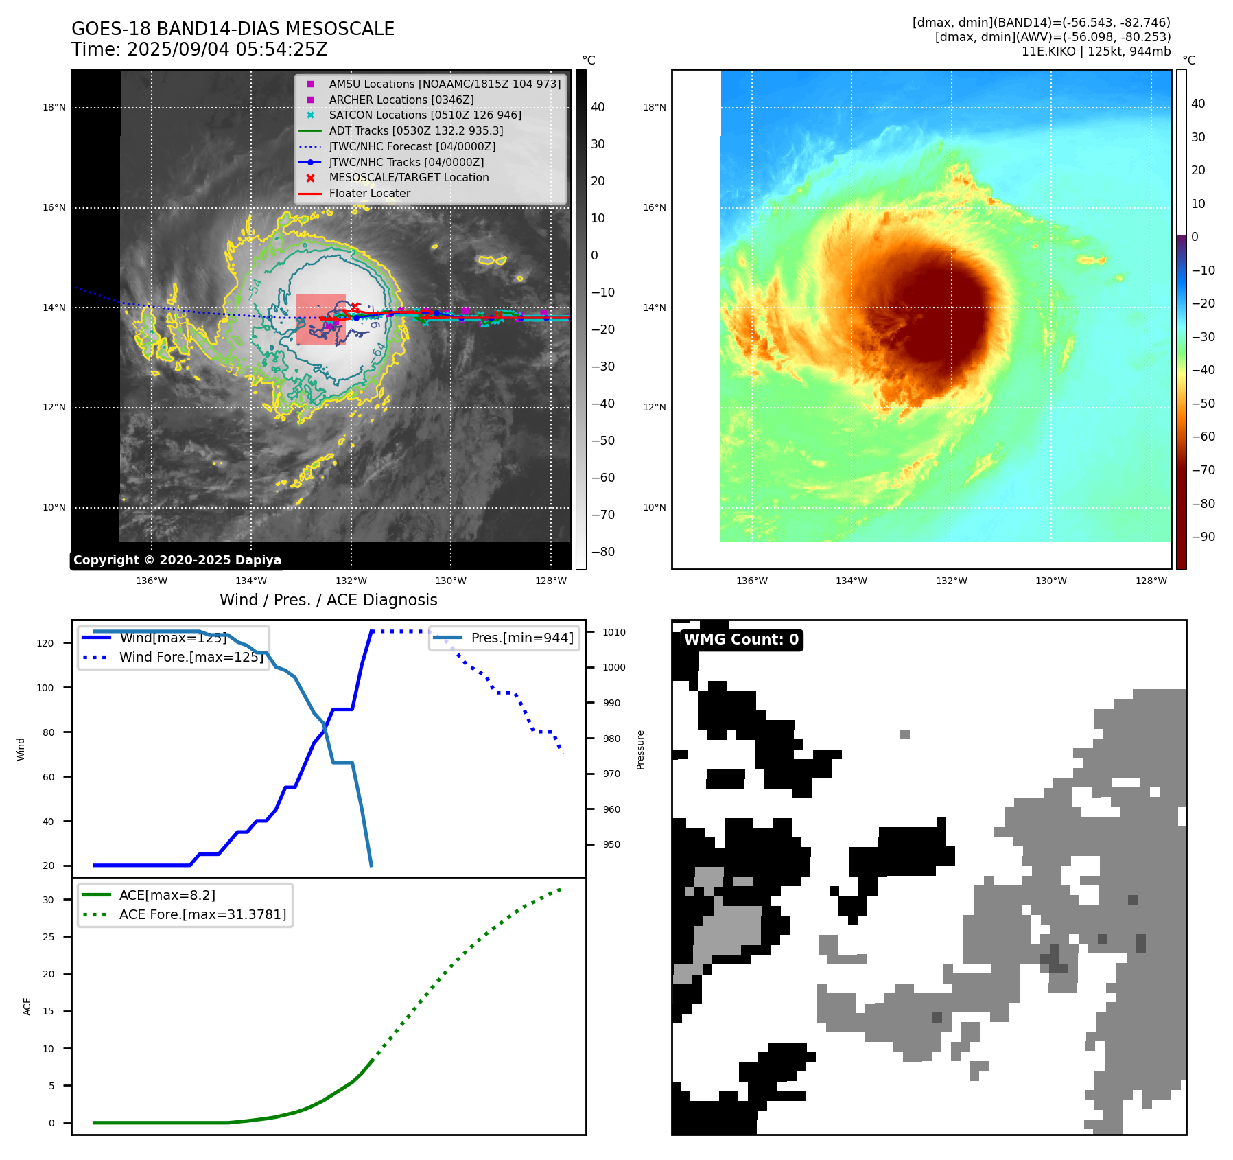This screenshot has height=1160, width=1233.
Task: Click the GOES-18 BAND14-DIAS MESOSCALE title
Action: tap(233, 29)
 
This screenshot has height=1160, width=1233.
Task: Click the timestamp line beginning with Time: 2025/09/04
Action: tap(200, 49)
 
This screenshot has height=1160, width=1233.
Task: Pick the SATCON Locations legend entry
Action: tap(425, 115)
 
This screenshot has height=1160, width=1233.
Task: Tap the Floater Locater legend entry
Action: tap(369, 194)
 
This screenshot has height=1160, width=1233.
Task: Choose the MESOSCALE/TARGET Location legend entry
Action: tap(408, 178)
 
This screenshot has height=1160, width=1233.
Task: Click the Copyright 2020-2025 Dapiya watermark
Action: tap(177, 560)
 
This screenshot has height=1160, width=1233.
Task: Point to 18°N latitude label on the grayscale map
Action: tap(54, 107)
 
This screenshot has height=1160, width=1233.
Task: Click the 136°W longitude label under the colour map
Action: tap(751, 581)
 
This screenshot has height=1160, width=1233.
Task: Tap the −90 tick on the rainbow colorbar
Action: tap(1203, 537)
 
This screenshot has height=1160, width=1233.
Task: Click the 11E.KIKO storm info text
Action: tap(1096, 51)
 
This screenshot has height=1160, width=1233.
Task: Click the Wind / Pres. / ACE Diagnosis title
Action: tap(328, 600)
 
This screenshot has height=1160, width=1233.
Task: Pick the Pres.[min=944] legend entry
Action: tap(521, 638)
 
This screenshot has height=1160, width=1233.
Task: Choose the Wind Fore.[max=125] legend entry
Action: tap(191, 657)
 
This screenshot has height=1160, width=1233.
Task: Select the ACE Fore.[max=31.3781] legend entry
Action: tap(202, 914)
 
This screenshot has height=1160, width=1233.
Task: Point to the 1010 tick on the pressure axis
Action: tap(614, 632)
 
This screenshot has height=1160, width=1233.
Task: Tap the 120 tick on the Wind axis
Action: tap(45, 643)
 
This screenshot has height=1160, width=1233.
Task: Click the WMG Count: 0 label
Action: tap(741, 640)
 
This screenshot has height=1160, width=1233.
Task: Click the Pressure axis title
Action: tap(640, 750)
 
